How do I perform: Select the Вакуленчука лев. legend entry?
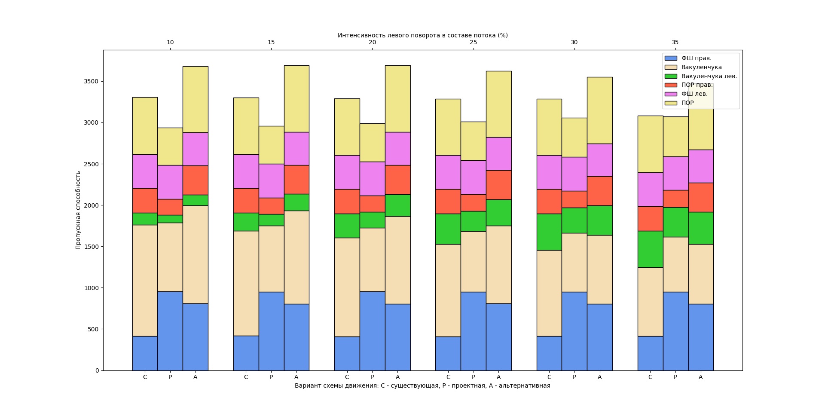point(709,76)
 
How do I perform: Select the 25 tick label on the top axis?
point(473,43)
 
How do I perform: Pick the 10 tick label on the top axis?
point(170,43)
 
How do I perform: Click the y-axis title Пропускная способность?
point(78,210)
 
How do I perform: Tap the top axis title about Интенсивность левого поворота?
point(422,35)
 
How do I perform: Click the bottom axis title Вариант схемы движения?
point(422,386)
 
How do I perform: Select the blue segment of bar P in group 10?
point(170,331)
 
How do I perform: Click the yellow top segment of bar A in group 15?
point(296,99)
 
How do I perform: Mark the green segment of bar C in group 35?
point(650,249)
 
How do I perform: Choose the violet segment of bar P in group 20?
point(373,179)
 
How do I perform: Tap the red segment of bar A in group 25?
point(498,185)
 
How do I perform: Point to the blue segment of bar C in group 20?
point(347,353)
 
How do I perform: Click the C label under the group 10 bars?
point(145,377)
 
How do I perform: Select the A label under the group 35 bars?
point(700,377)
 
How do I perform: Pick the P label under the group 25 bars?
point(473,377)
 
